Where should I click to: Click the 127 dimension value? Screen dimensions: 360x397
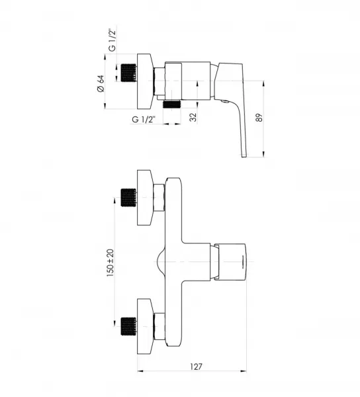(196, 367)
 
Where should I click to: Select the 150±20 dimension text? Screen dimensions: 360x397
(111, 263)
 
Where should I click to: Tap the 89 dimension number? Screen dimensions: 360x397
(259, 118)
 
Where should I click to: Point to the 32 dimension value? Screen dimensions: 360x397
(193, 117)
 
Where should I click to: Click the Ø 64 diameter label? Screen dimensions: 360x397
(101, 83)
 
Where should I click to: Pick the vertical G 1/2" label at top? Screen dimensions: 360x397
(112, 40)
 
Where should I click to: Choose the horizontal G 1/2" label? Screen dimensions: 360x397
(144, 119)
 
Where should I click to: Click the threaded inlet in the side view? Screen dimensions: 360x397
(128, 73)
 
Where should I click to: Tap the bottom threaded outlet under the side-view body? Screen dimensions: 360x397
(172, 104)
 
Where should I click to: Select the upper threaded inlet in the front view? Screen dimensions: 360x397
(128, 197)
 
